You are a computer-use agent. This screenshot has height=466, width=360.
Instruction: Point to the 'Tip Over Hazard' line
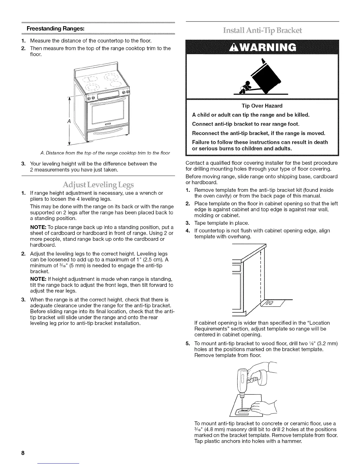(x=262, y=106)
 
